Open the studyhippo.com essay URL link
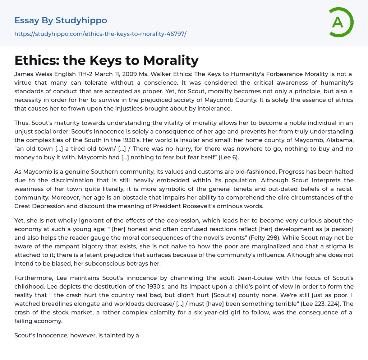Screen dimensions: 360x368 [x=100, y=34]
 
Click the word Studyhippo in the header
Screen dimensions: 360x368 [x=81, y=20]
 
